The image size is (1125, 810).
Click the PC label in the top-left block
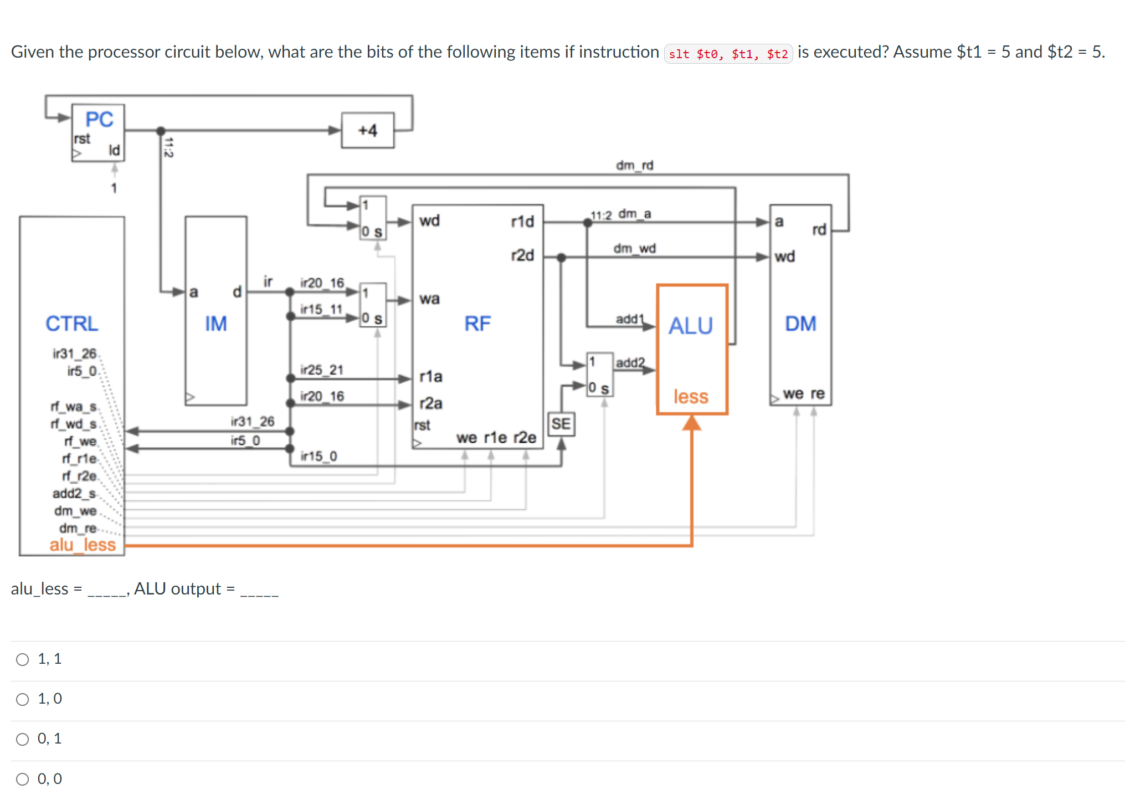point(99,119)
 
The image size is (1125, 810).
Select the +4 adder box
point(368,131)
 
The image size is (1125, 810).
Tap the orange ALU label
point(690,326)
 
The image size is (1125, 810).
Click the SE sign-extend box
point(561,424)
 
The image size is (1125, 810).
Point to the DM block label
point(800,324)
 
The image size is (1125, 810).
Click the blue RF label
point(477,324)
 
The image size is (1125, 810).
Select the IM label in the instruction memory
point(216,324)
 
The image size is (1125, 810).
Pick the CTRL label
point(72,324)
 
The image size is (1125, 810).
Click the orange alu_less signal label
point(83,545)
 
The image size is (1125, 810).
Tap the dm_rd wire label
point(635,165)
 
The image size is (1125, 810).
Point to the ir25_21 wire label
point(322,370)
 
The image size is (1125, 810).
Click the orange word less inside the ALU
point(691,397)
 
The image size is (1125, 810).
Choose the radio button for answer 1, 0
point(23,699)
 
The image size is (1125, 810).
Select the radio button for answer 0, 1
point(23,739)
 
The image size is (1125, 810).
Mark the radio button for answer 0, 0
point(23,779)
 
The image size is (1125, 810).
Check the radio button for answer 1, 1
point(23,659)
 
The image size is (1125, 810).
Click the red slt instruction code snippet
point(728,54)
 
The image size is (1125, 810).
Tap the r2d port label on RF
point(522,255)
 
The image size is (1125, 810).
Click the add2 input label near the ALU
point(630,363)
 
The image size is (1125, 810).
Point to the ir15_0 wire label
point(319,456)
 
